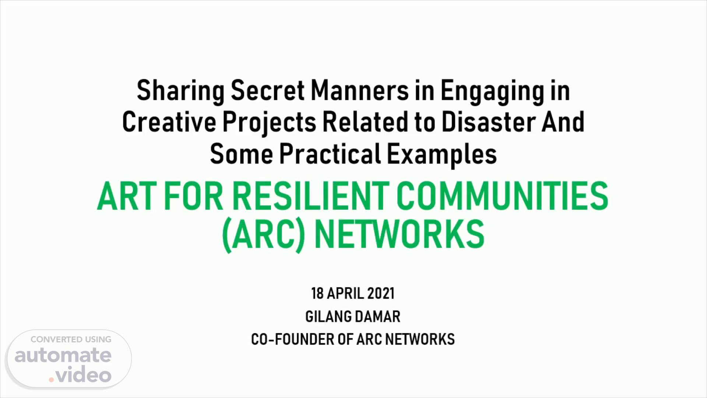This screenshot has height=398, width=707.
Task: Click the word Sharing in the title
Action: tap(180, 91)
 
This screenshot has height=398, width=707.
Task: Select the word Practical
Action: tap(330, 154)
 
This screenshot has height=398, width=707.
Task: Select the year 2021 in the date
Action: tap(381, 294)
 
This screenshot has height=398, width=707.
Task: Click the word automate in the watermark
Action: tap(63, 355)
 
